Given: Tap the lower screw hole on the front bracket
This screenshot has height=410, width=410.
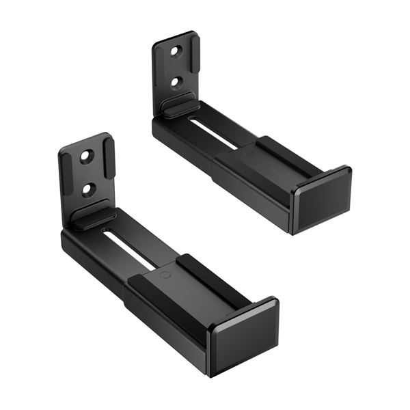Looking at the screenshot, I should pos(89,187).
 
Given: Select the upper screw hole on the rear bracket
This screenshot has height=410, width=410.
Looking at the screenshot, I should pos(176,51).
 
